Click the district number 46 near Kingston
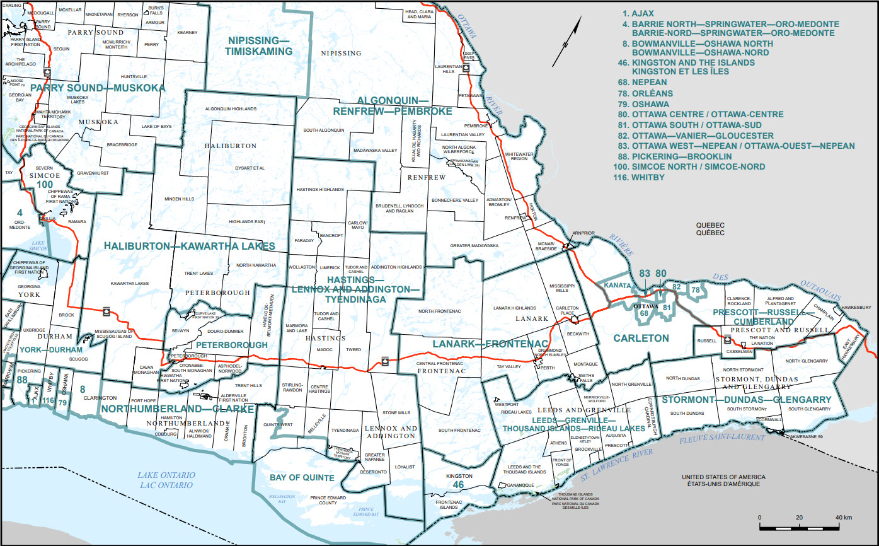coord(459,484)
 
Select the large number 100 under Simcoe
coord(45,183)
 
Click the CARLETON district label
coord(642,338)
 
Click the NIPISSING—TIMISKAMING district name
coord(259,46)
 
